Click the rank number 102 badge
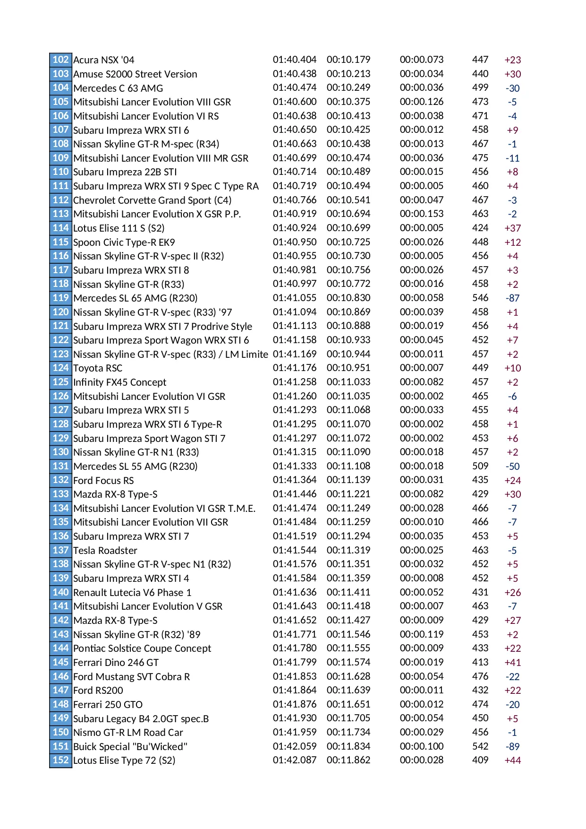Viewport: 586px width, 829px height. [x=60, y=60]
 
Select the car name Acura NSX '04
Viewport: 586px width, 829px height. [x=103, y=60]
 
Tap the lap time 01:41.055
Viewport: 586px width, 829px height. [x=294, y=298]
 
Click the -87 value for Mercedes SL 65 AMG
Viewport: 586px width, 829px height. [x=512, y=298]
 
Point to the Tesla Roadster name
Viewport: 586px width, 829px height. [x=105, y=551]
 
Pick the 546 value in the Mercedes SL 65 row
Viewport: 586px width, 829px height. [x=480, y=298]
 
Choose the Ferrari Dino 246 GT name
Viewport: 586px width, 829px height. [x=116, y=663]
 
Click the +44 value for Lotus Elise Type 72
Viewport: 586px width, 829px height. [x=512, y=760]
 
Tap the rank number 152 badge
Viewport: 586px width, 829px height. [x=60, y=760]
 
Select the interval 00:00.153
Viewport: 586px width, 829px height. [x=421, y=214]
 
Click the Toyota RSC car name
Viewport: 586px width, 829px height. [x=97, y=368]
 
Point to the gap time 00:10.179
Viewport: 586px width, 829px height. [x=348, y=60]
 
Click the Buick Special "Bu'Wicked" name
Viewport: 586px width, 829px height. [x=130, y=747]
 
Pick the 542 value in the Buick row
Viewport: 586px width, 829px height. [x=480, y=746]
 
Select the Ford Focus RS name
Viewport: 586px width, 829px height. [x=103, y=481]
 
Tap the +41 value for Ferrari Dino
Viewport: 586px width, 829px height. [x=512, y=663]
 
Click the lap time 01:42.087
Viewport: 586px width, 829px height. [x=294, y=760]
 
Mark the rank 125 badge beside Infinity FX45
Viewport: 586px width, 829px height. [x=60, y=382]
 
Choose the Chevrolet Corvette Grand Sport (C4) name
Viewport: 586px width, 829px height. [x=152, y=200]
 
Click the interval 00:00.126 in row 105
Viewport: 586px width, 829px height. [x=421, y=102]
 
